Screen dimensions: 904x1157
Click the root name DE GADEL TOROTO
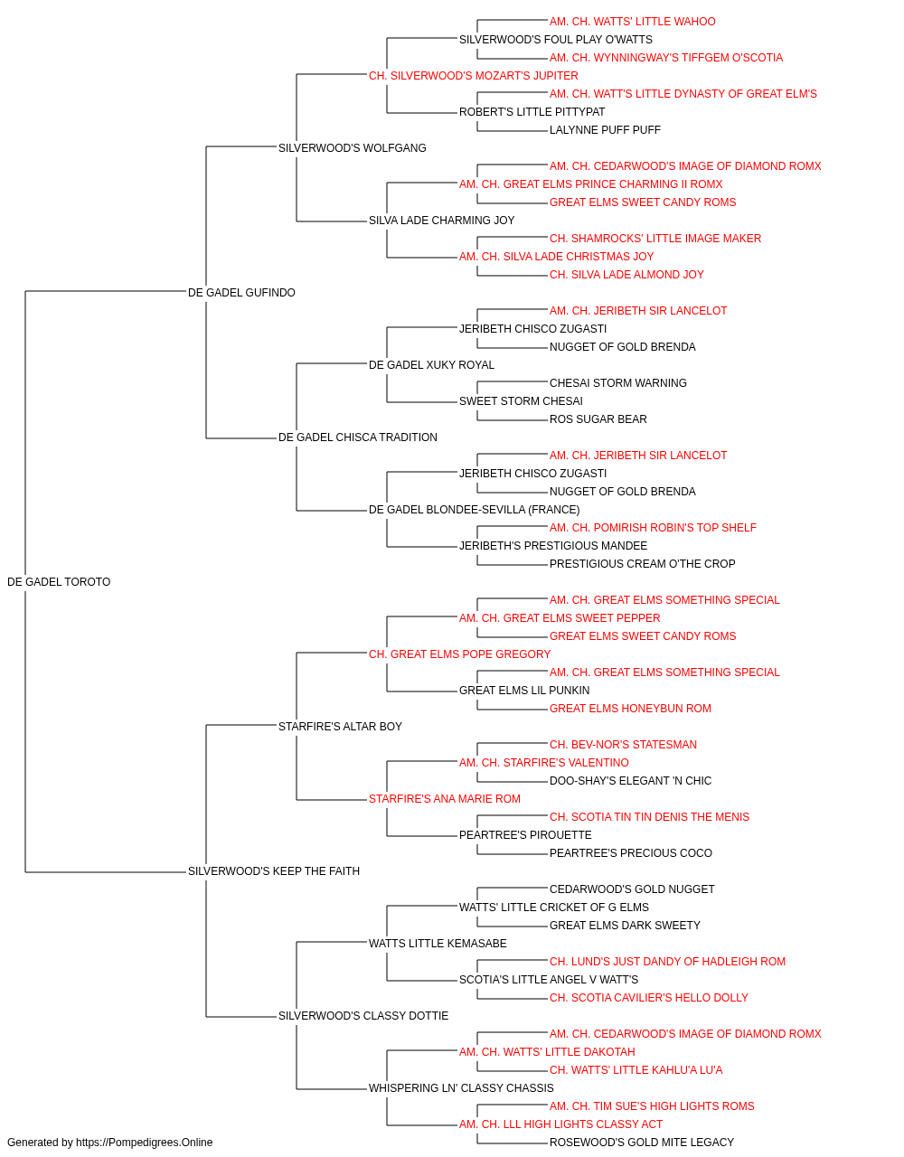point(59,582)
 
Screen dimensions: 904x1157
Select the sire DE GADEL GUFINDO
point(241,293)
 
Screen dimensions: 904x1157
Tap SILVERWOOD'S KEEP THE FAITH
point(274,871)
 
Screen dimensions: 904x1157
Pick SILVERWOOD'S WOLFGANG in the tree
point(352,148)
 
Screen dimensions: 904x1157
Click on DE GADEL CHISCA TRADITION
point(358,437)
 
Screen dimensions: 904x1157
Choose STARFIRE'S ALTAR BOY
point(340,727)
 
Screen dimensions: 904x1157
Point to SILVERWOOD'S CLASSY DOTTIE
point(363,1016)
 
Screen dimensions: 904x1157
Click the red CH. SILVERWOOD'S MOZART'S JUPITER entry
point(474,76)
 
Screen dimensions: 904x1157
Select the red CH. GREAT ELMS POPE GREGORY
point(459,654)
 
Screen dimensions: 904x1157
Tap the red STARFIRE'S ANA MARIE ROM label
point(445,799)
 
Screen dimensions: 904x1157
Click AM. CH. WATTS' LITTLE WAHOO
point(633,22)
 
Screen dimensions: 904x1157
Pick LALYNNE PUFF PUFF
point(605,130)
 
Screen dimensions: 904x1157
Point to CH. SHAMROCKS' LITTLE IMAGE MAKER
point(655,239)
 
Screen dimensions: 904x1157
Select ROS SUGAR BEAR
point(598,419)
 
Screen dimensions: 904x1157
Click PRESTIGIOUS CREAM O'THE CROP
point(642,564)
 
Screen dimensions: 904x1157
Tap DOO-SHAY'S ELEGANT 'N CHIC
point(630,781)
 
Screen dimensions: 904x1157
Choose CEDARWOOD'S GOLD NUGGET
point(632,889)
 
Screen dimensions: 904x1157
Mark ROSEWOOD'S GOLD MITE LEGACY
point(642,1143)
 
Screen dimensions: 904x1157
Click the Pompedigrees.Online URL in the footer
point(144,1143)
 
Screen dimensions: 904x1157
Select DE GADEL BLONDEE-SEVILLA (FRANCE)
point(474,510)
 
